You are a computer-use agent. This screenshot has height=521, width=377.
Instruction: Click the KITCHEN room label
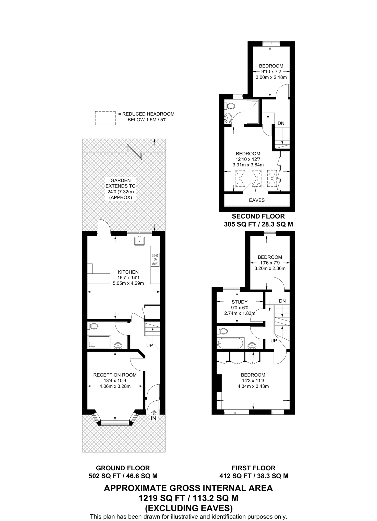pyautogui.click(x=128, y=272)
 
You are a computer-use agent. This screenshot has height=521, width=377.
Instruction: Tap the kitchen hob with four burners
pyautogui.click(x=155, y=259)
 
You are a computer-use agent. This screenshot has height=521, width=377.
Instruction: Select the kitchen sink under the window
pyautogui.click(x=139, y=241)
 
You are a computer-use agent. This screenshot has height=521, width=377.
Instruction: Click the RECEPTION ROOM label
pyautogui.click(x=115, y=375)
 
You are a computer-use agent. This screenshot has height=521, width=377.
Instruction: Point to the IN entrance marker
pyautogui.click(x=153, y=418)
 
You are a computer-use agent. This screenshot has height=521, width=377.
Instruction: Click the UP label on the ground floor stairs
pyautogui.click(x=150, y=346)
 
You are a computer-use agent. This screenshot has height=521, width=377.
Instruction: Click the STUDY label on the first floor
pyautogui.click(x=239, y=302)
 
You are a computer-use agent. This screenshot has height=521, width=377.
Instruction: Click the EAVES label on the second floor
pyautogui.click(x=257, y=200)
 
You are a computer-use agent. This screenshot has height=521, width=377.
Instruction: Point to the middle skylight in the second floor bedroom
pyautogui.click(x=256, y=179)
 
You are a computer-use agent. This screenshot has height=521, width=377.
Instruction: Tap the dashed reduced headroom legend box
pyautogui.click(x=105, y=118)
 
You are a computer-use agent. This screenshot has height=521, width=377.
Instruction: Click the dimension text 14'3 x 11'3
pyautogui.click(x=253, y=381)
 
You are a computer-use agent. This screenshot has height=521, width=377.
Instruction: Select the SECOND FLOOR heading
pyautogui.click(x=258, y=216)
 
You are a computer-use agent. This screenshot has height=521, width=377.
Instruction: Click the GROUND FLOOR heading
pyautogui.click(x=123, y=468)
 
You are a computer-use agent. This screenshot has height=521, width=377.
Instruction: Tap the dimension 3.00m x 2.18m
pyautogui.click(x=271, y=77)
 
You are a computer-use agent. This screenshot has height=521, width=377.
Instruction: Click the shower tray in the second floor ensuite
pyautogui.click(x=253, y=112)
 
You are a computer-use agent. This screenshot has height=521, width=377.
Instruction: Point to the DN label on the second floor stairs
pyautogui.click(x=281, y=123)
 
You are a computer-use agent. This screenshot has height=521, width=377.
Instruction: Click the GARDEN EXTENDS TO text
pyautogui.click(x=121, y=183)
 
